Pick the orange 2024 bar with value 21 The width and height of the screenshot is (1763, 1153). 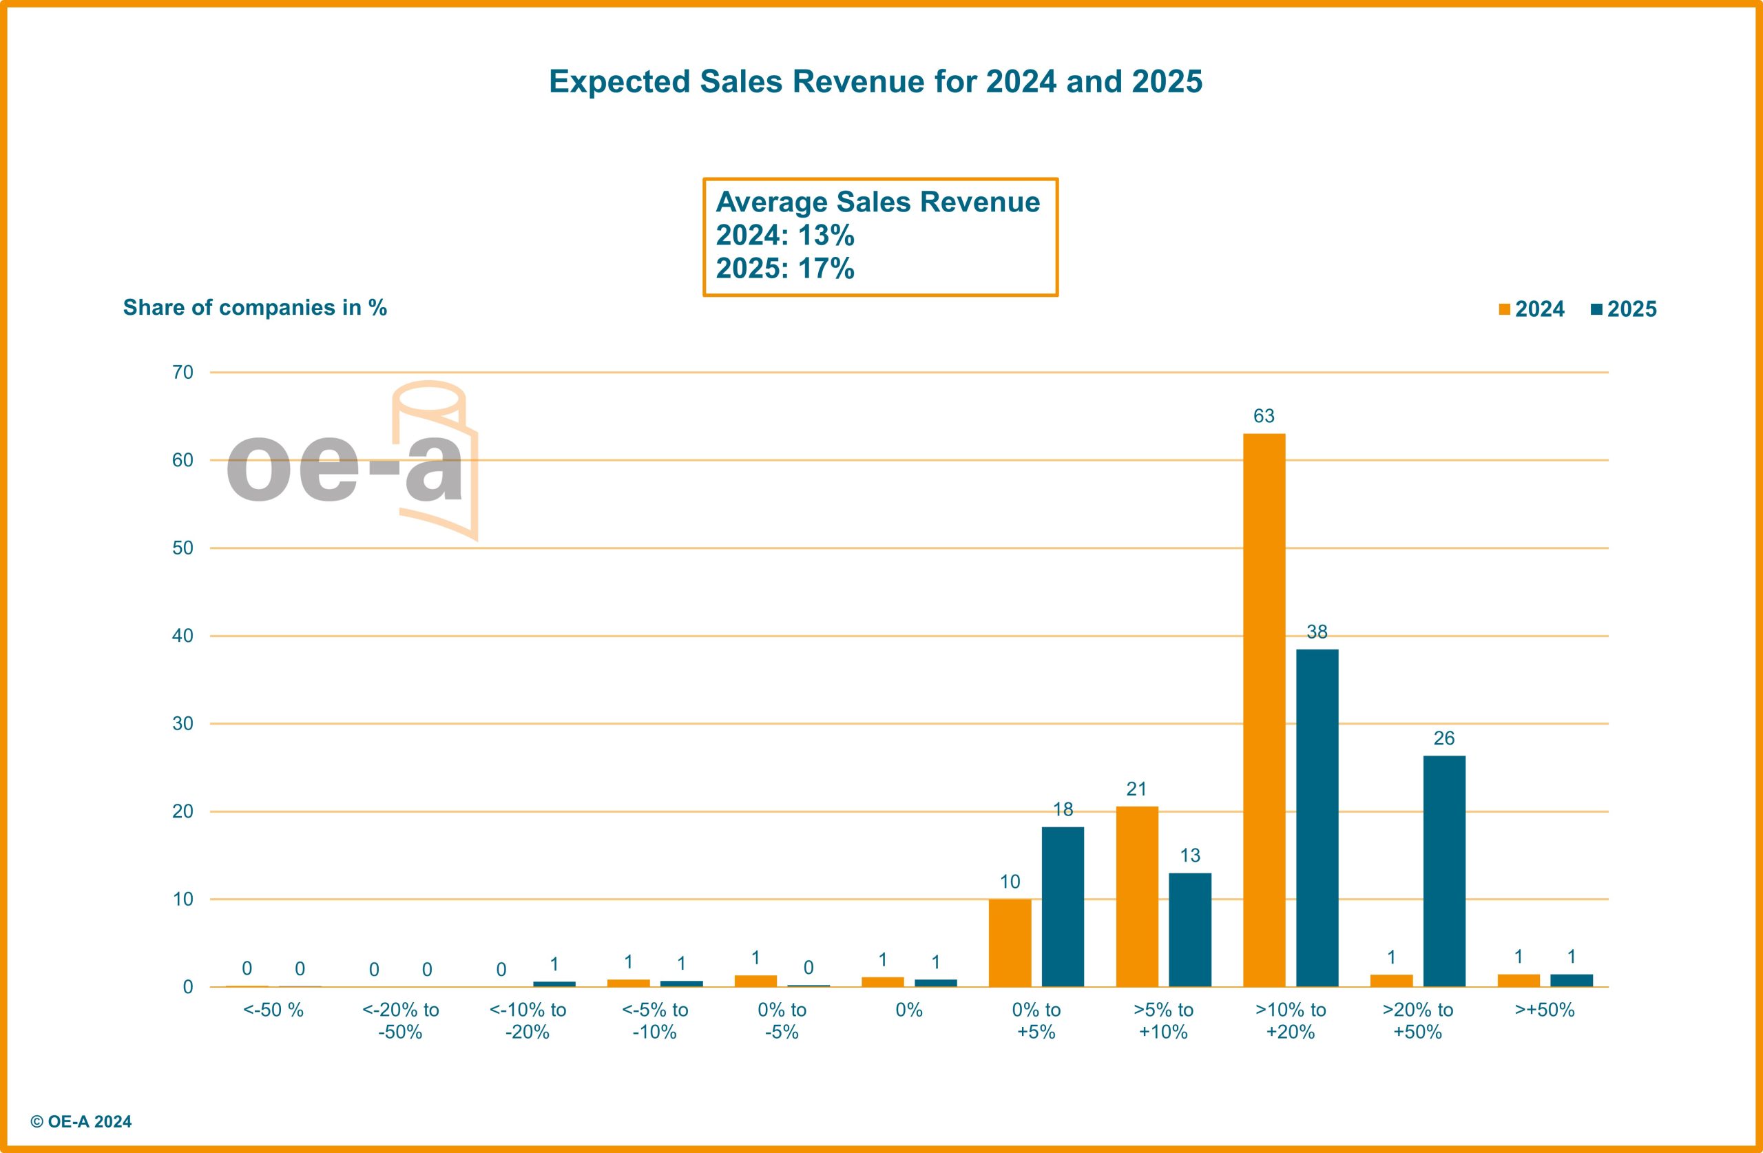click(x=1137, y=896)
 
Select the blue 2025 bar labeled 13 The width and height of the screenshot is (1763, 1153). click(x=1189, y=929)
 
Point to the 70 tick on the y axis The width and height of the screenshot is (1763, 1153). click(x=183, y=372)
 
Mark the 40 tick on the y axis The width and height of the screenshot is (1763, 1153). click(x=183, y=636)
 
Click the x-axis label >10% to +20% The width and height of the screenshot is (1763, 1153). click(x=1291, y=1020)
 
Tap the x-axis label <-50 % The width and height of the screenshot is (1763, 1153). click(x=273, y=1010)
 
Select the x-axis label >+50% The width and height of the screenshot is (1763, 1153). click(x=1545, y=1010)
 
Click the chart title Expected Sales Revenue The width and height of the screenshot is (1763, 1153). click(x=875, y=81)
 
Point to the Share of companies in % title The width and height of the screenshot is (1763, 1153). click(x=255, y=307)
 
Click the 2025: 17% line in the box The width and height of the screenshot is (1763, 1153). click(x=785, y=268)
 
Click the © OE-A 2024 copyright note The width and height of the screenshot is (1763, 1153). click(x=81, y=1122)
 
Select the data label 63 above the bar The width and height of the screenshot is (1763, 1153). click(x=1264, y=416)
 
